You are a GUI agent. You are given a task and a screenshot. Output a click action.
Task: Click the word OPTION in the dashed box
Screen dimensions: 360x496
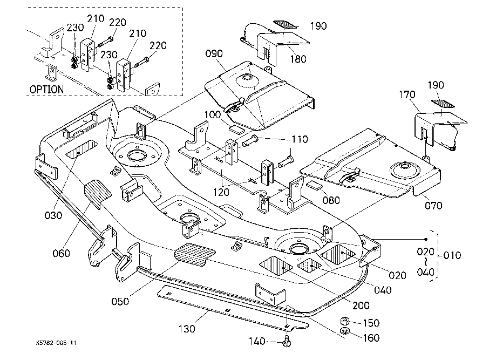pyautogui.click(x=46, y=89)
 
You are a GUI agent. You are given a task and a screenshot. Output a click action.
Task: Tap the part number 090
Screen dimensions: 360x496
pyautogui.click(x=214, y=54)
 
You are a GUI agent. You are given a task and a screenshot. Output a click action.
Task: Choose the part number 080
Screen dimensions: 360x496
pyautogui.click(x=331, y=200)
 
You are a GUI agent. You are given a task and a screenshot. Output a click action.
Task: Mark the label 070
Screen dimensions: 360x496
pyautogui.click(x=433, y=205)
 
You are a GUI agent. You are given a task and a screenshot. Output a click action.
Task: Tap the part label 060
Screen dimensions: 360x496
pyautogui.click(x=61, y=253)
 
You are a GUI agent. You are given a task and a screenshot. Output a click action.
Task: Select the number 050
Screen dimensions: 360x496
pyautogui.click(x=119, y=301)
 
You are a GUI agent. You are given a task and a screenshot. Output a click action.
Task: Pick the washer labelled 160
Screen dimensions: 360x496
pyautogui.click(x=344, y=331)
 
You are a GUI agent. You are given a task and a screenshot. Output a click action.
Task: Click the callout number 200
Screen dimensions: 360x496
pyautogui.click(x=361, y=305)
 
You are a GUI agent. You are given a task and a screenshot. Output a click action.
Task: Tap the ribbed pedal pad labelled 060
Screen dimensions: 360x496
pyautogui.click(x=97, y=193)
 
